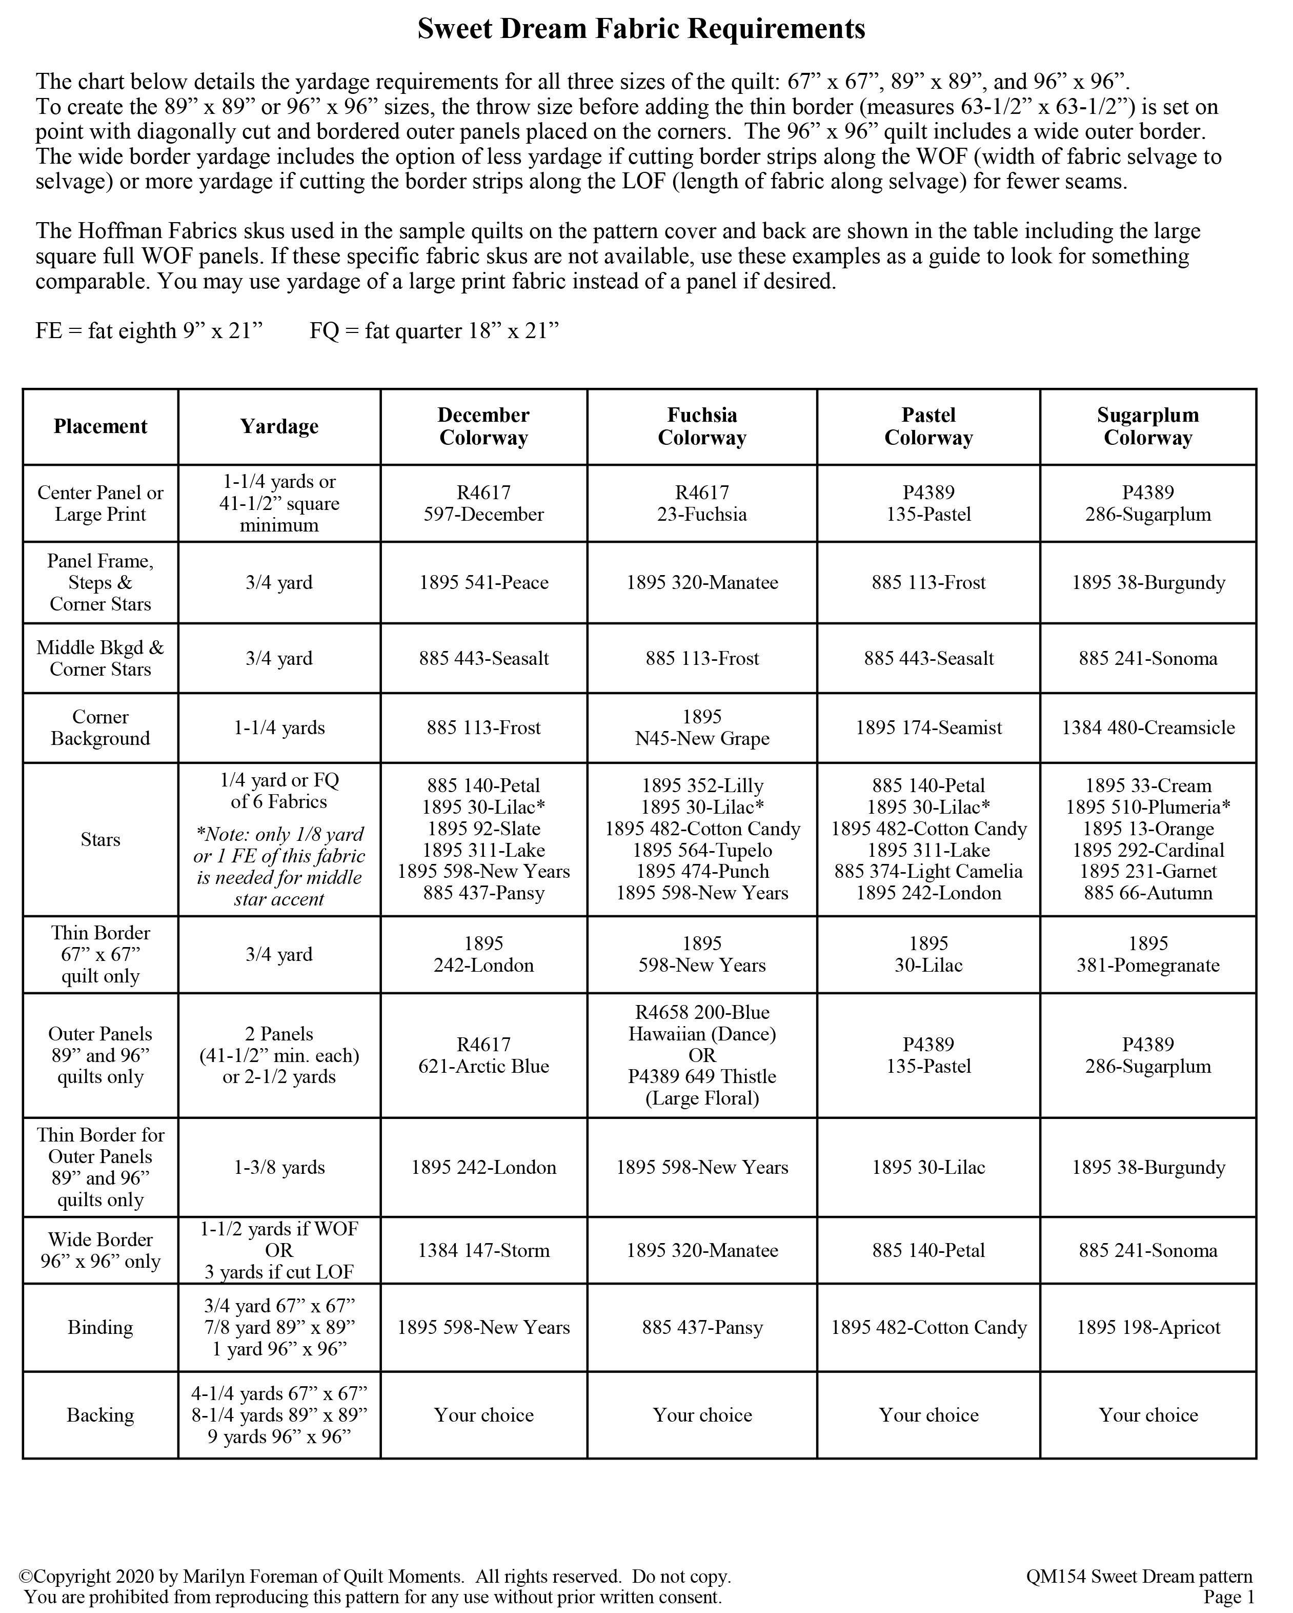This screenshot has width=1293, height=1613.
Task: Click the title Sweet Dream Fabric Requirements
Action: point(641,29)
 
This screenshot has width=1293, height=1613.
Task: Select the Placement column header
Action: point(100,426)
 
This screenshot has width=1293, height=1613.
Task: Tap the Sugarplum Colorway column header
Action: point(1147,426)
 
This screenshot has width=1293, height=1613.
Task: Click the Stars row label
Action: point(100,839)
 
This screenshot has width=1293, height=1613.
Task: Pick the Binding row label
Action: point(100,1327)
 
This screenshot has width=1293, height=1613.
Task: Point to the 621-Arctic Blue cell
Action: point(483,1056)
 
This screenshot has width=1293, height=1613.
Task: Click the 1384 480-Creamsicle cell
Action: point(1147,727)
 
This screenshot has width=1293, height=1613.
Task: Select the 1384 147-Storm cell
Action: point(483,1250)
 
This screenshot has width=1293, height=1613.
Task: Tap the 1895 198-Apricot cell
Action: point(1147,1327)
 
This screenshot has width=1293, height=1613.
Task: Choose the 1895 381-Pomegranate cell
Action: point(1147,955)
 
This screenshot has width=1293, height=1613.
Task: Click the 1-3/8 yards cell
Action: point(279,1167)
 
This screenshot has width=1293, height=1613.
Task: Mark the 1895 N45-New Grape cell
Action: point(701,727)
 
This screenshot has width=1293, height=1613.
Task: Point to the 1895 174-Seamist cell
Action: point(928,727)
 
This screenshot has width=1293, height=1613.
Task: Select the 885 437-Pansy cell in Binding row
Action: point(701,1327)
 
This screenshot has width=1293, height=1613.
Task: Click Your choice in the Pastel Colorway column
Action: point(928,1415)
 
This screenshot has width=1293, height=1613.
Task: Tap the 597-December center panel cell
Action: point(483,503)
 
